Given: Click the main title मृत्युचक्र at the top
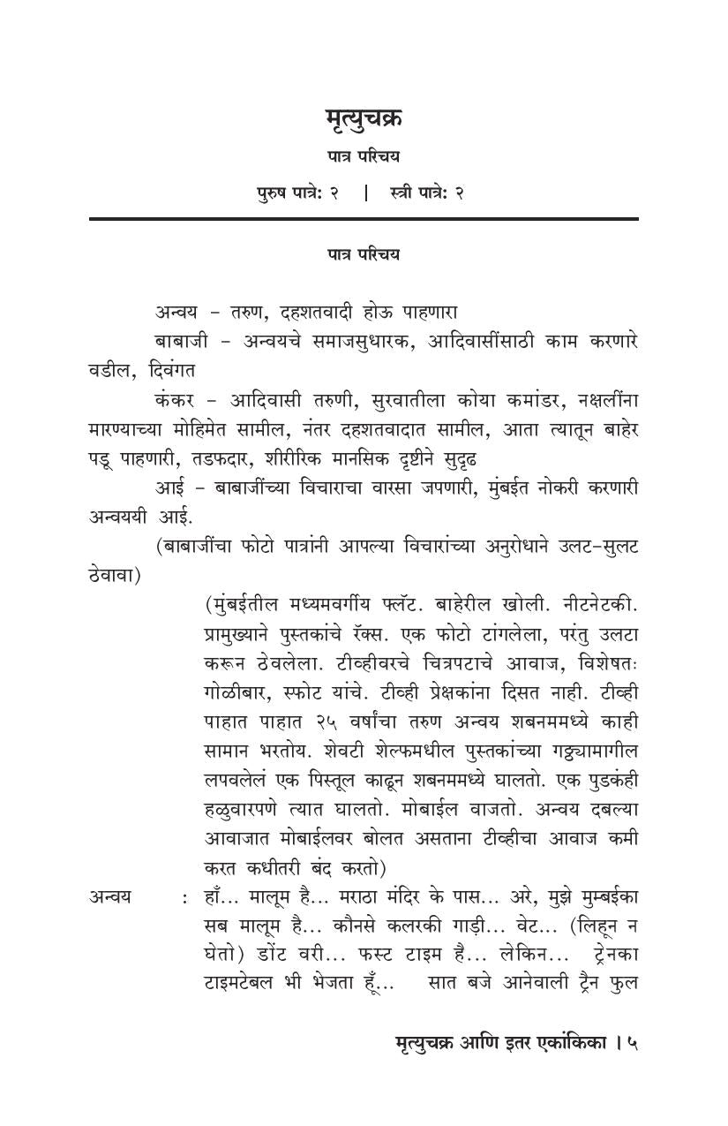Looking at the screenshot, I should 363,117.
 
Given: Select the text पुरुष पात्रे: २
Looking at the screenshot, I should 297,192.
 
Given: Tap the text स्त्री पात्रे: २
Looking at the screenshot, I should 426,192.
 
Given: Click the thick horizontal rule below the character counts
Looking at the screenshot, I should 363,218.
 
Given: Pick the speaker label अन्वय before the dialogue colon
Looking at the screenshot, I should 110,896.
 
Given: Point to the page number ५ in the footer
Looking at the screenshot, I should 632,1043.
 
